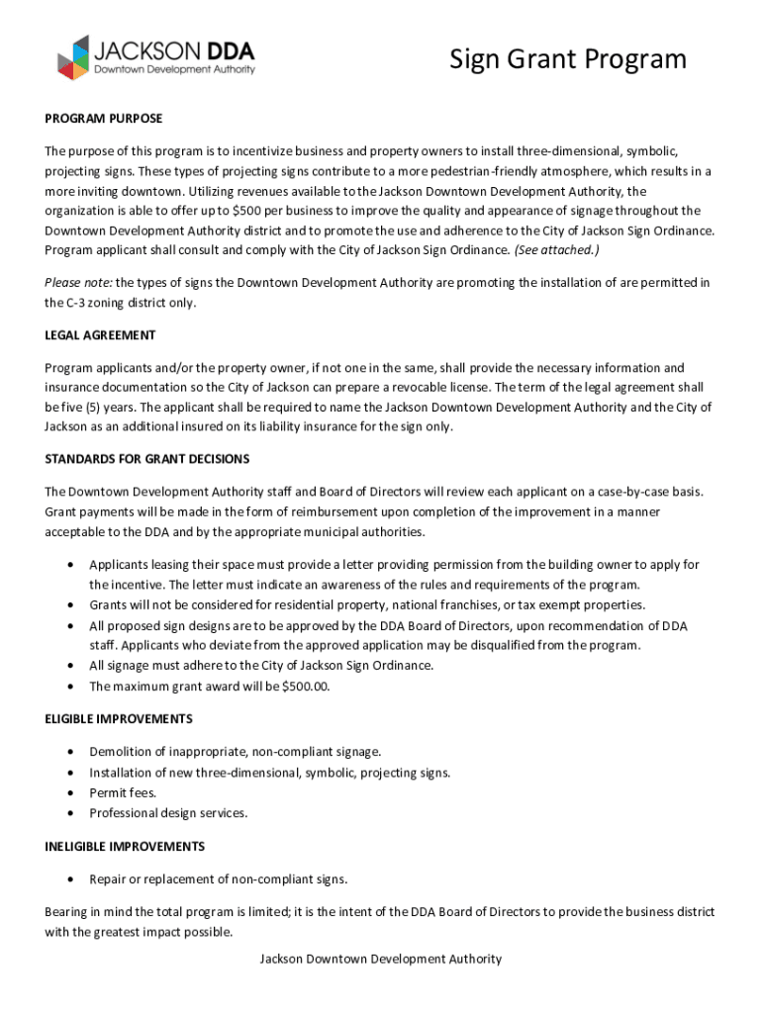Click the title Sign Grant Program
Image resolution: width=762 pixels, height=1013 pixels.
point(567,59)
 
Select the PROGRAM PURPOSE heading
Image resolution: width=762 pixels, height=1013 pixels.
point(103,119)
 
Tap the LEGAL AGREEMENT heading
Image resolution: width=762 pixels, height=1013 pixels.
point(100,335)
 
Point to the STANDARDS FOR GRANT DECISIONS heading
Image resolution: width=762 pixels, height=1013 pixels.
point(146,459)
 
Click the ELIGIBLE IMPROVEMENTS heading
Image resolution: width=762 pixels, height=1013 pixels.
point(119,718)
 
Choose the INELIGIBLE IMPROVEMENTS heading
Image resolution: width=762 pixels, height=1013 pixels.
point(125,847)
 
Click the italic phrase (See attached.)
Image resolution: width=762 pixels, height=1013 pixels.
point(556,249)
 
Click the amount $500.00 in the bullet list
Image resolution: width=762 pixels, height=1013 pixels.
point(307,686)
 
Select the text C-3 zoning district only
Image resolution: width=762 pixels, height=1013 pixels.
point(121,303)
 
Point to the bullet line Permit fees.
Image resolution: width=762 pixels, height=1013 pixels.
point(123,792)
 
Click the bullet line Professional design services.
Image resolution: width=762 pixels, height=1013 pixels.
point(168,813)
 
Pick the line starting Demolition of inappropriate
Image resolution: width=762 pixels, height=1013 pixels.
point(235,753)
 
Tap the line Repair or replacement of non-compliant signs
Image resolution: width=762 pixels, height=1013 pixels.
point(218,878)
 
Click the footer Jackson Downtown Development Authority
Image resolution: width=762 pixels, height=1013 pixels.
point(380,959)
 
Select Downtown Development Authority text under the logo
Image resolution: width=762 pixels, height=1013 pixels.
point(174,70)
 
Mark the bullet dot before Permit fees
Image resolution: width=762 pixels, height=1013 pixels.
point(69,793)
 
